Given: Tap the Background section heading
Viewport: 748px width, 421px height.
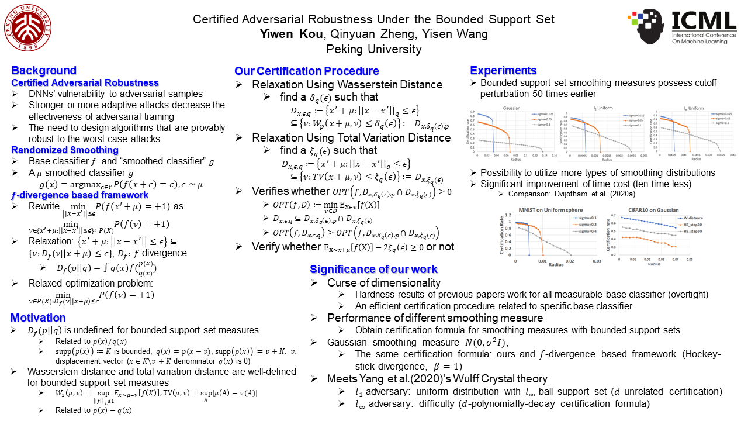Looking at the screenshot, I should (44, 71).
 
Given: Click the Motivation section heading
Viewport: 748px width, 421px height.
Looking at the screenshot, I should (38, 318).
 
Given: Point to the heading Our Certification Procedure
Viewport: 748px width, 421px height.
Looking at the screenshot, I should (307, 71).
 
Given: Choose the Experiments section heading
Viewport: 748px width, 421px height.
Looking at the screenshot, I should (503, 71).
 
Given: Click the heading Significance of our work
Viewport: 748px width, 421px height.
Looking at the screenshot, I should (373, 269).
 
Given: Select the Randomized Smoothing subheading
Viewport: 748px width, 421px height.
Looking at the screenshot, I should (56, 150).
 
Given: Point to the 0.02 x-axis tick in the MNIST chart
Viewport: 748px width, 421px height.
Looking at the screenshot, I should (570, 261).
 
